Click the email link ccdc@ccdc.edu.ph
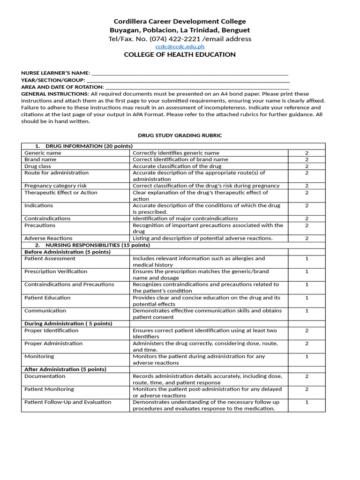180,47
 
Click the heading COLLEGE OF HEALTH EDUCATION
180,55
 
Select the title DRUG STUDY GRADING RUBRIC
180,135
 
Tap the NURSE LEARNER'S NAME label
55,74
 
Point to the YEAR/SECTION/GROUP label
53,80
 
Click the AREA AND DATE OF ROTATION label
62,87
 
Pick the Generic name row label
43,153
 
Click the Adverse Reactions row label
48,238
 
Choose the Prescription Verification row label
56,271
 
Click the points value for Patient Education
307,298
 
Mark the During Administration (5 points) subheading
68,323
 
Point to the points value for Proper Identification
307,330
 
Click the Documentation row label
45,376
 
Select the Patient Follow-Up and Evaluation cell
68,402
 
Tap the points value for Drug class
307,166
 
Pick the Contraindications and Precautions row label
69,285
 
